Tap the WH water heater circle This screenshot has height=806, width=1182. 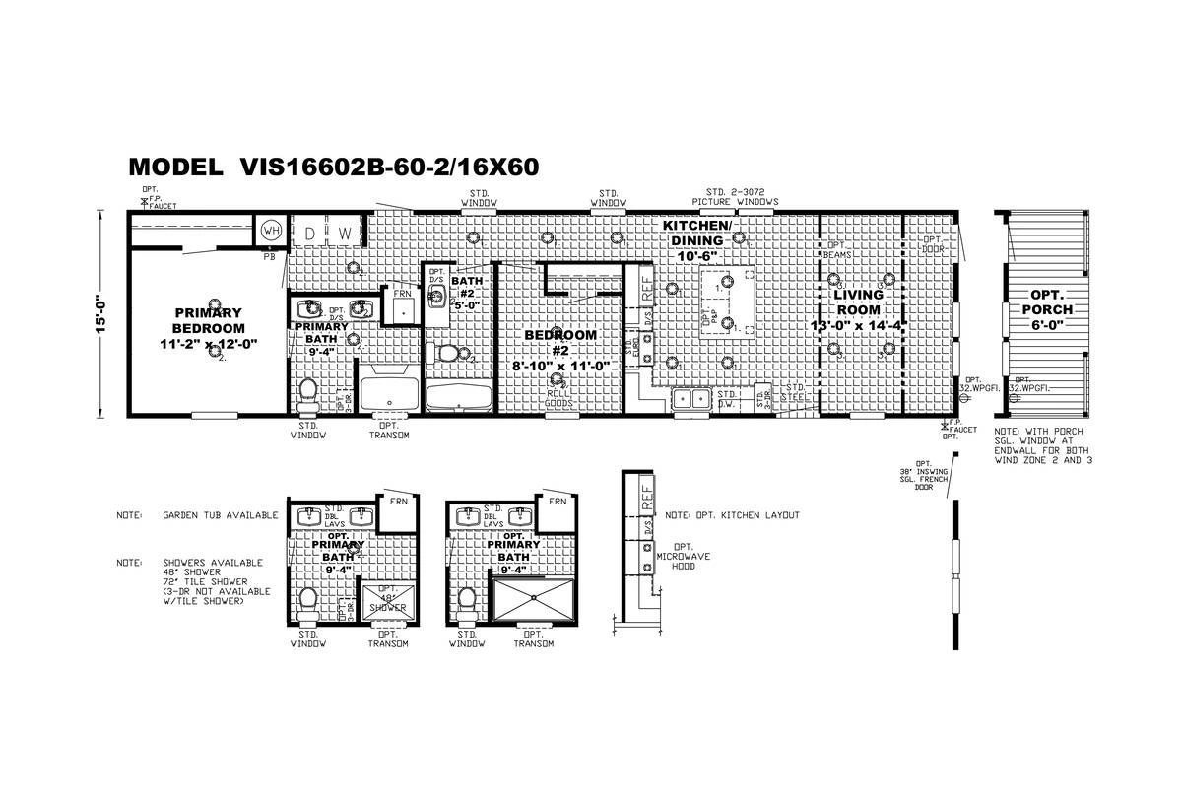pos(269,232)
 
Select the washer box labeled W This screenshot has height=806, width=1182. pos(345,233)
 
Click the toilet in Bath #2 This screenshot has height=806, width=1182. pos(449,353)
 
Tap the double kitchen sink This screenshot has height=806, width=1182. pos(691,398)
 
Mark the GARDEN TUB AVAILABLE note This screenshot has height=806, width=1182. pos(221,515)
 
